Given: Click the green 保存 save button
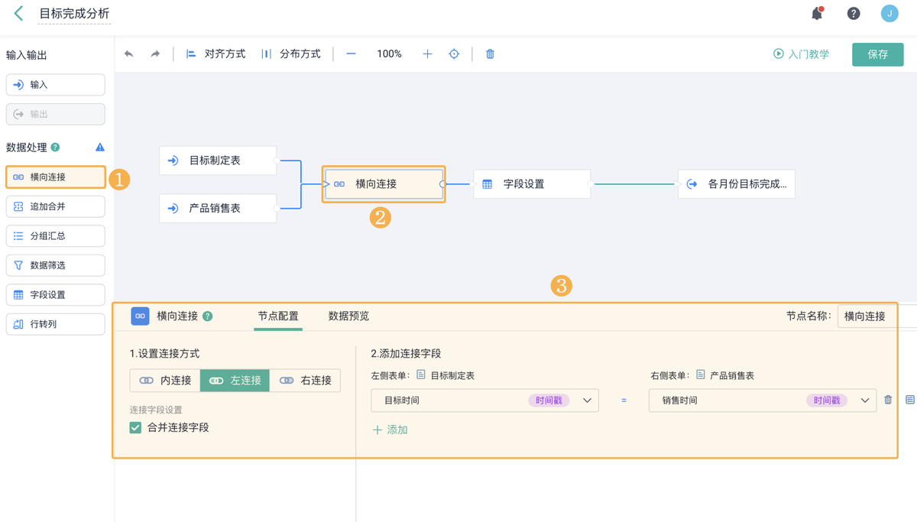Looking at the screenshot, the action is [x=878, y=54].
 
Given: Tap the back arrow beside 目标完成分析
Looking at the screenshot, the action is [x=18, y=14].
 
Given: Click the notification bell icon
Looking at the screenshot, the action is [x=817, y=14].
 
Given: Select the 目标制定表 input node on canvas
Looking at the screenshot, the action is [x=218, y=160].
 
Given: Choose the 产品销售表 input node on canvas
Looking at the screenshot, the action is [x=218, y=209].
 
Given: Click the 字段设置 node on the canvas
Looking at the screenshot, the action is [x=532, y=184].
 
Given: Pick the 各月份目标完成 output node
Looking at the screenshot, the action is [x=737, y=184].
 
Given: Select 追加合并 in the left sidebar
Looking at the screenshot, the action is [x=56, y=206].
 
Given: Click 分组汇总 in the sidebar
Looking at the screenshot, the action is [x=56, y=236].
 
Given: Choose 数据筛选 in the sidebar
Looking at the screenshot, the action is [x=56, y=265].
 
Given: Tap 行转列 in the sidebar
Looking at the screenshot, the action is [x=56, y=324].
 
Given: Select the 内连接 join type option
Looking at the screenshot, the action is [x=165, y=381].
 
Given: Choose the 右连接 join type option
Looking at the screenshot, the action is [x=305, y=381].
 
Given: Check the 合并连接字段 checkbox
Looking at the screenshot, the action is [x=135, y=428].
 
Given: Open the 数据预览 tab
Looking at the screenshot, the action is [x=348, y=316].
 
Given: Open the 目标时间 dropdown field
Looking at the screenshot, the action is [x=484, y=400].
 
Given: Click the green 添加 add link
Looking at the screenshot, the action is [x=390, y=430].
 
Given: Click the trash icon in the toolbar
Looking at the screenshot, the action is [x=490, y=54].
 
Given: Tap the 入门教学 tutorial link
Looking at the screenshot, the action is [x=801, y=54].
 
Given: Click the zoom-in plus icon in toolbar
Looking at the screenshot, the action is [x=427, y=54].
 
